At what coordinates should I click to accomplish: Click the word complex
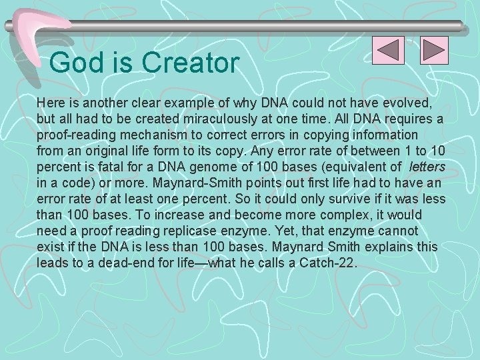click(366, 215)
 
